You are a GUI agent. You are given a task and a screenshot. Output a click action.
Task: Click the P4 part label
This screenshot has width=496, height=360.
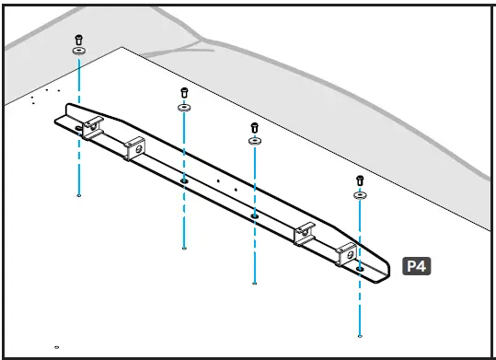(x=417, y=266)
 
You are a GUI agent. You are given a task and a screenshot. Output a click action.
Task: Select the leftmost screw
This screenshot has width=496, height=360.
(x=79, y=41)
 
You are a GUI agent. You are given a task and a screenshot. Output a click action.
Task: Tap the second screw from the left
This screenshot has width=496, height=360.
(x=184, y=93)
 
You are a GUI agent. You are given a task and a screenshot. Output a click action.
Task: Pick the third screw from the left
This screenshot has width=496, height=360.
(x=254, y=127)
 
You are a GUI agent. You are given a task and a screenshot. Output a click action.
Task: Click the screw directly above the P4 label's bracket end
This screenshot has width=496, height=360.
(x=360, y=180)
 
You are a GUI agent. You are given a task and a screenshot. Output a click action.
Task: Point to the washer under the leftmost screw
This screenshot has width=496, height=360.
(x=79, y=52)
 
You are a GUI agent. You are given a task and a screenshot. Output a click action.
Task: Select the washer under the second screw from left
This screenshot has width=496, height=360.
(x=184, y=107)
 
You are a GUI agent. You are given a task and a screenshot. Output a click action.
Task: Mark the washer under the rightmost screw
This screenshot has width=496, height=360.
(x=360, y=194)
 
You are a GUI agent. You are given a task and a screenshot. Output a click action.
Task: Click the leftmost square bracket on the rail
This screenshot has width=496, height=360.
(x=90, y=129)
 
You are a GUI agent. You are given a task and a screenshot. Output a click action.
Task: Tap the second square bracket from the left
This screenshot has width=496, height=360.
(x=135, y=146)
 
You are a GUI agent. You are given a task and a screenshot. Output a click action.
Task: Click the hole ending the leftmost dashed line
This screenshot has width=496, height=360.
(x=79, y=195)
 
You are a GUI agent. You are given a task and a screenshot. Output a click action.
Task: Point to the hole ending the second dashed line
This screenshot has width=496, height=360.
(x=185, y=248)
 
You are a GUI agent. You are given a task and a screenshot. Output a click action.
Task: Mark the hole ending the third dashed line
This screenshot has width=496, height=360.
(x=254, y=283)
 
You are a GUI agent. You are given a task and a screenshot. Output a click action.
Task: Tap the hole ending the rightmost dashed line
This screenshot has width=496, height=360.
(x=360, y=335)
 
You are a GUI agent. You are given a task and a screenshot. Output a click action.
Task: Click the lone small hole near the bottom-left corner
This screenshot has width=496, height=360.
(x=57, y=347)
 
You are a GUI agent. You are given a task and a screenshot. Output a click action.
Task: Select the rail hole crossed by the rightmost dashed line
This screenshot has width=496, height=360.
(x=360, y=268)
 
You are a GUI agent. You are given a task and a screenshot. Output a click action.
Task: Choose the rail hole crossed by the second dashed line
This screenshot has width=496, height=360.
(x=185, y=181)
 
